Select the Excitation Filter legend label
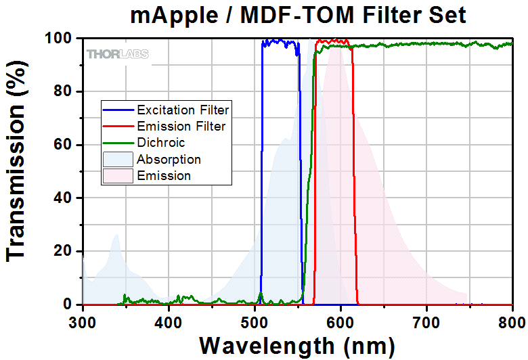[183, 110]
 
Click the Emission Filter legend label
[181, 126]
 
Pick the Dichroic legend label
[160, 143]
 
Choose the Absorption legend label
[169, 160]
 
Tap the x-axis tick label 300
[83, 321]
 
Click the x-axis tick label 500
[255, 321]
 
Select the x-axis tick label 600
[340, 321]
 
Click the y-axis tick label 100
[60, 39]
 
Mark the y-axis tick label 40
[64, 198]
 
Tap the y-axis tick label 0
[68, 305]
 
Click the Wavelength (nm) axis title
[297, 345]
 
